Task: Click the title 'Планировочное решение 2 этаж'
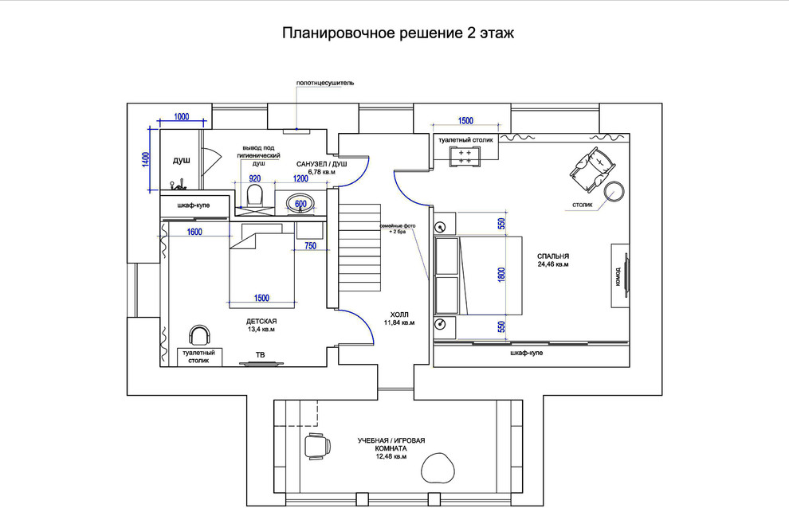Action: tap(398, 33)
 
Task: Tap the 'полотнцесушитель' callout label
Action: tap(324, 83)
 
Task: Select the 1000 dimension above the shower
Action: tap(181, 117)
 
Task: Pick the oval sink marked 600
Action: tap(300, 204)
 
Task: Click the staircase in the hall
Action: tap(360, 248)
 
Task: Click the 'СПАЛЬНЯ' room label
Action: tap(552, 256)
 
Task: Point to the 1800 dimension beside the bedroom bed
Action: tap(501, 274)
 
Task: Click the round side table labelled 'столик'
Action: tap(614, 192)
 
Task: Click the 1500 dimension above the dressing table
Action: tap(465, 121)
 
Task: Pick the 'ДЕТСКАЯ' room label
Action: tap(261, 321)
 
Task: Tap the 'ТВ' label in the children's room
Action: tap(260, 354)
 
